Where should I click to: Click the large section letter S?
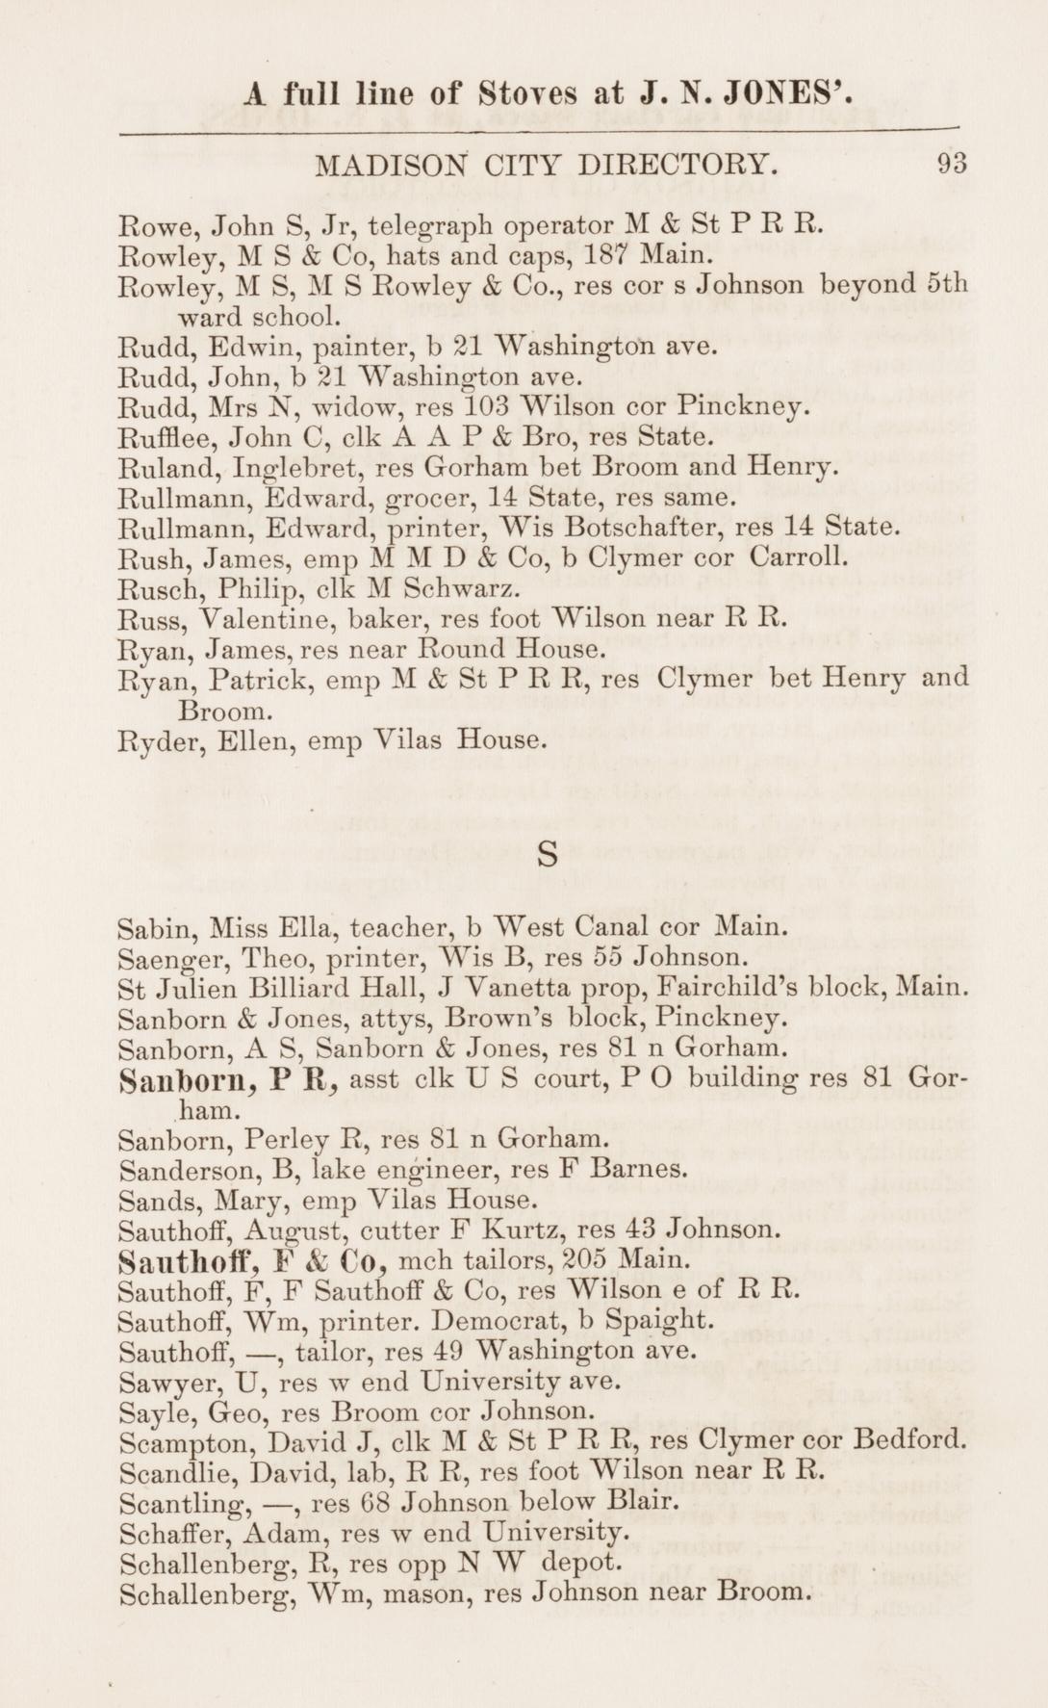(x=547, y=853)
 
